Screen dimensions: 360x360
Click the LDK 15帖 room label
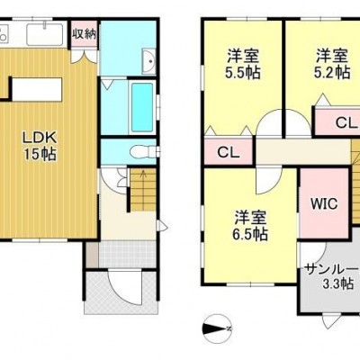40,146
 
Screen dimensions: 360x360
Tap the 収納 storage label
85,34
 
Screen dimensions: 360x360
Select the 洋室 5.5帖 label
243,64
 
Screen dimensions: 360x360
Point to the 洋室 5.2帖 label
332,64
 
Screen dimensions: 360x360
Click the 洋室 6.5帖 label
250,226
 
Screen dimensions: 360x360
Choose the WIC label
324,204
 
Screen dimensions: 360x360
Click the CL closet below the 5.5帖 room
229,153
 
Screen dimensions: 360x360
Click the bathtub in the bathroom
142,107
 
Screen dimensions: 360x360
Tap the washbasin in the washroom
148,61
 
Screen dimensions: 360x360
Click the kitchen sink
45,34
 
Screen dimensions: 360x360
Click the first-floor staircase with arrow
143,190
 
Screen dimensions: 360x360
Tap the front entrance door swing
124,287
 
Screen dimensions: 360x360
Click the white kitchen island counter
37,90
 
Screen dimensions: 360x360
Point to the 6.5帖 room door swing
269,181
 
